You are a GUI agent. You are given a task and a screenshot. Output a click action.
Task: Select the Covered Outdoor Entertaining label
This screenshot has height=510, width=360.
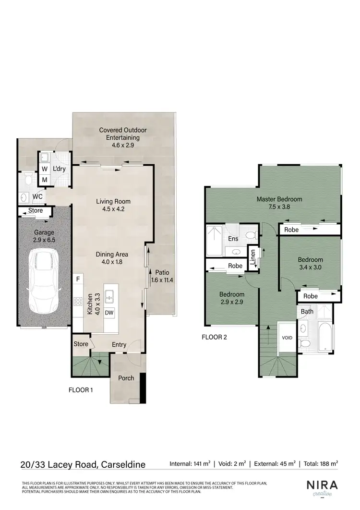[x=123, y=134]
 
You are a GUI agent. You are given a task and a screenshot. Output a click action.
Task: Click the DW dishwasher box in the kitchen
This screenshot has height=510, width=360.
[x=109, y=313]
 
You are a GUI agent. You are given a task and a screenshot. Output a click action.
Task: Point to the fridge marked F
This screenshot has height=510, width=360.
[x=77, y=279]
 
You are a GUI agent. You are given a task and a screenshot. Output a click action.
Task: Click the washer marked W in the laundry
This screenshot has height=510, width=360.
[x=44, y=169]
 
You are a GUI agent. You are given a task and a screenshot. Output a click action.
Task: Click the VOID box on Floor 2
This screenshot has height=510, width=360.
[x=287, y=338]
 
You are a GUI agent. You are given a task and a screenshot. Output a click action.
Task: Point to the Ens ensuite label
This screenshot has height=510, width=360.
[x=233, y=239]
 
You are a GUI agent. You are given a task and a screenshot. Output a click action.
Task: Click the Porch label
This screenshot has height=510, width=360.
[x=126, y=378]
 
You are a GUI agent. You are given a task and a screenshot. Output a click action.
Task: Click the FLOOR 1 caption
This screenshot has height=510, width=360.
[x=81, y=390]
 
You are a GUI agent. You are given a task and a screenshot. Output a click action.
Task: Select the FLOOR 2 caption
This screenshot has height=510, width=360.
[x=214, y=337]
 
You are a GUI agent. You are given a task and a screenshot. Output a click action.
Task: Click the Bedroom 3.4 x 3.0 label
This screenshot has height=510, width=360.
[x=310, y=264]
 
